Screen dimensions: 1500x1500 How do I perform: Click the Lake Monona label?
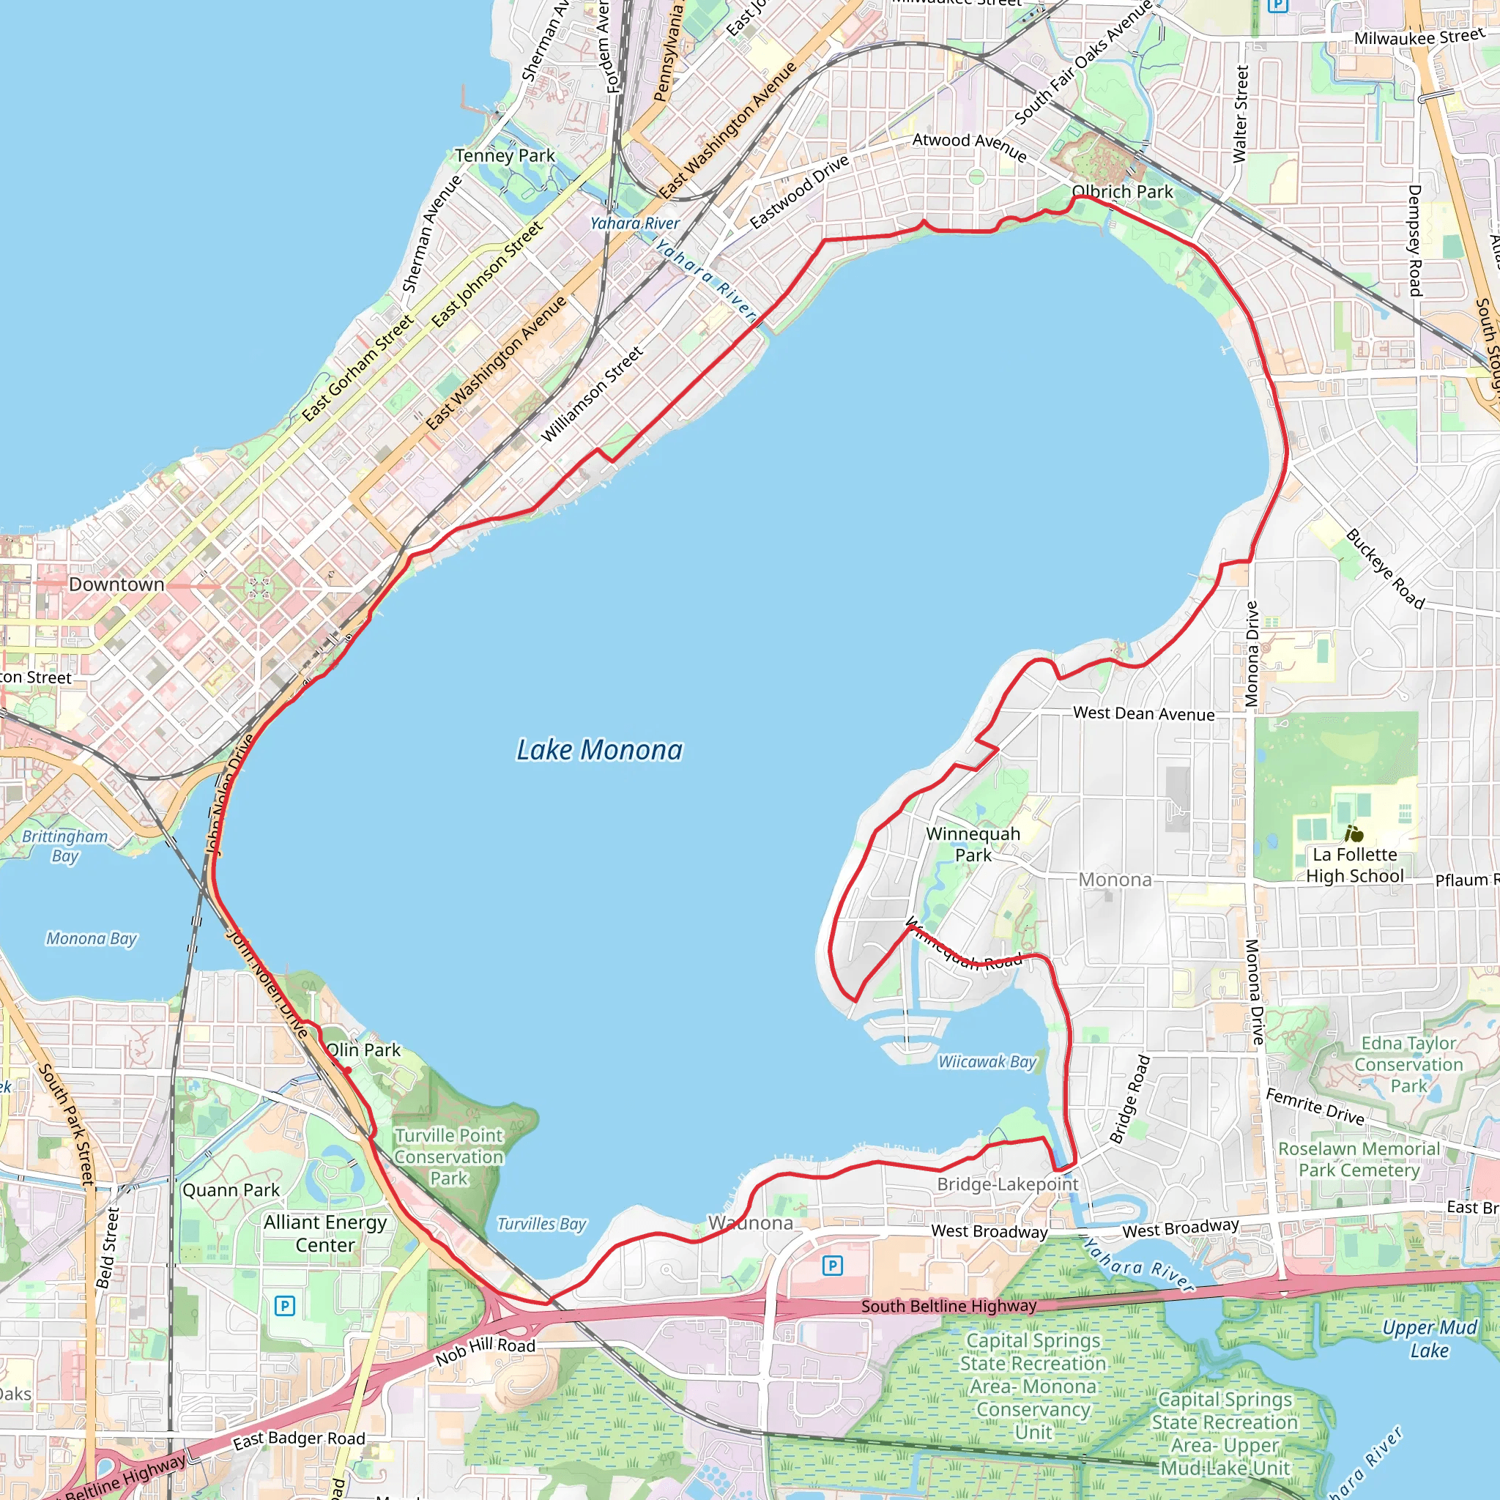pyautogui.click(x=599, y=750)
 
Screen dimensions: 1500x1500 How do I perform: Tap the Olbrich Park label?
pyautogui.click(x=1122, y=192)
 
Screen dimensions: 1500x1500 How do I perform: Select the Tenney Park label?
pyautogui.click(x=505, y=156)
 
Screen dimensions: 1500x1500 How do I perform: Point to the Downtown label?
pyautogui.click(x=116, y=584)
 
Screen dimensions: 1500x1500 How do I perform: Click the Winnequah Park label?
pyautogui.click(x=973, y=844)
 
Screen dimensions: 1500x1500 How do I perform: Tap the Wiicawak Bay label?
pyautogui.click(x=987, y=1061)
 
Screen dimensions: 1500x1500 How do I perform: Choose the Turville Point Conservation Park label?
pyautogui.click(x=449, y=1156)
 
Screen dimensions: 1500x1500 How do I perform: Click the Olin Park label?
pyautogui.click(x=363, y=1050)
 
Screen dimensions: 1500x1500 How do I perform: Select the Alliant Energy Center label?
pyautogui.click(x=324, y=1233)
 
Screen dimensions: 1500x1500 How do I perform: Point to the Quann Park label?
pyautogui.click(x=231, y=1190)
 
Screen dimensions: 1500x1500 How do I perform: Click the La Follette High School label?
pyautogui.click(x=1355, y=865)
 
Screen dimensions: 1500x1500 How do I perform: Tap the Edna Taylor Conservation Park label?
pyautogui.click(x=1408, y=1064)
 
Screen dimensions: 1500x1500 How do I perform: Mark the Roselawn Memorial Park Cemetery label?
pyautogui.click(x=1359, y=1159)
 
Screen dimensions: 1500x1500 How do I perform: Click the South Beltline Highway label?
pyautogui.click(x=948, y=1306)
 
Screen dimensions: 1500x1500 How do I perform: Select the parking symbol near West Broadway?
pyautogui.click(x=832, y=1266)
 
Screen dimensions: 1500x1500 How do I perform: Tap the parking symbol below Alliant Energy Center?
pyautogui.click(x=285, y=1306)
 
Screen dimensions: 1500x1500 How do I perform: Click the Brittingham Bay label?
pyautogui.click(x=65, y=846)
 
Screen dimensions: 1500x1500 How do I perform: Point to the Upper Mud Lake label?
pyautogui.click(x=1430, y=1339)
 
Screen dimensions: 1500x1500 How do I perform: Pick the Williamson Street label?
pyautogui.click(x=592, y=395)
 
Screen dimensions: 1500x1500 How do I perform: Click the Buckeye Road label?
pyautogui.click(x=1385, y=569)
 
